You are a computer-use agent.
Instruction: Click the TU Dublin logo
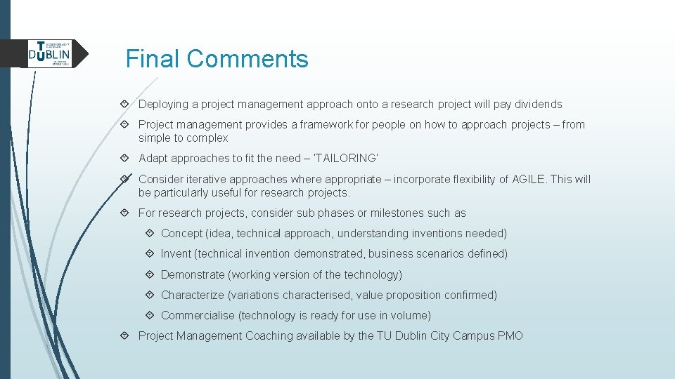click(49, 53)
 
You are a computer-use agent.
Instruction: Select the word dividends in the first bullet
click(538, 105)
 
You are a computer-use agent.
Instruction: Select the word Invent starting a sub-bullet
click(176, 254)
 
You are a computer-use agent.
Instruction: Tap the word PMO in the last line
click(510, 336)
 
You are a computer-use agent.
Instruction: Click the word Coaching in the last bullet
click(269, 336)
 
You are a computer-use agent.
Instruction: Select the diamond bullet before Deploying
click(124, 105)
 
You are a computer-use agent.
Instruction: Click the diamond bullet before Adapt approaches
click(124, 159)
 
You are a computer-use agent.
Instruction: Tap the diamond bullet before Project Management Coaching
click(124, 336)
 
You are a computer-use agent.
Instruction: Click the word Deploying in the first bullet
click(163, 105)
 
